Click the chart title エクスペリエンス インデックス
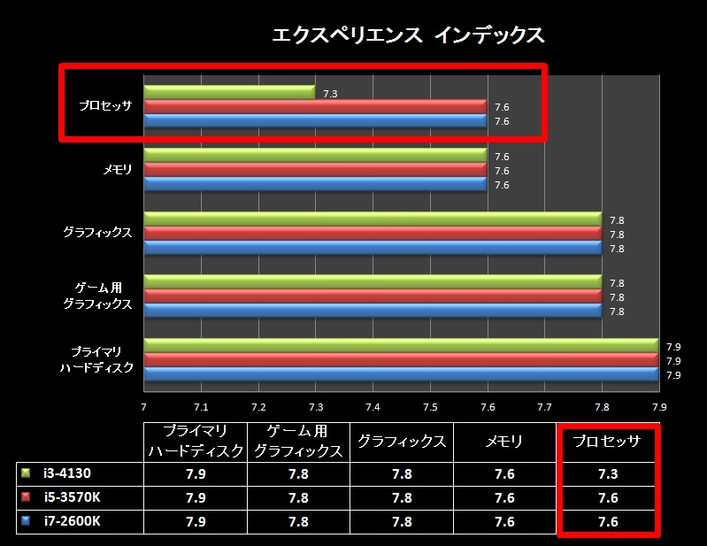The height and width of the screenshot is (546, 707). pos(408,35)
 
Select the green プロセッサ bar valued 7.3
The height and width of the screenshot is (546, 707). pos(229,92)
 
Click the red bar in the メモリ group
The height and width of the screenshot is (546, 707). pos(315,170)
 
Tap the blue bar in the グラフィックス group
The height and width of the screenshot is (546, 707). pos(372,249)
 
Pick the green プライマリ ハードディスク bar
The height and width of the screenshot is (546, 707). pos(400,345)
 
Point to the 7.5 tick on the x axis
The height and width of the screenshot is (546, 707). pos(430,406)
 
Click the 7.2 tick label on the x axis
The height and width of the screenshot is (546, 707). pos(258,406)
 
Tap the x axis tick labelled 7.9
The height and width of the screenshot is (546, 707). pos(659,406)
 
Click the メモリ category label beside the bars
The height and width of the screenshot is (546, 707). pos(118,170)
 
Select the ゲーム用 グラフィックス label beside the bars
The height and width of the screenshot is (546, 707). pos(104,296)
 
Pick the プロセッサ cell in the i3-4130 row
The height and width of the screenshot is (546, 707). pos(607,473)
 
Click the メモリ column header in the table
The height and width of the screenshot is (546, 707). pos(503,441)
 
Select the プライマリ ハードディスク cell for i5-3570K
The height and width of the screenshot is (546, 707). pos(195,497)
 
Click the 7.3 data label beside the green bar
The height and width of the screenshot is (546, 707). pos(330,93)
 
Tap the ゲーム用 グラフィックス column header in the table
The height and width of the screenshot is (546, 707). pos(298,441)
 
